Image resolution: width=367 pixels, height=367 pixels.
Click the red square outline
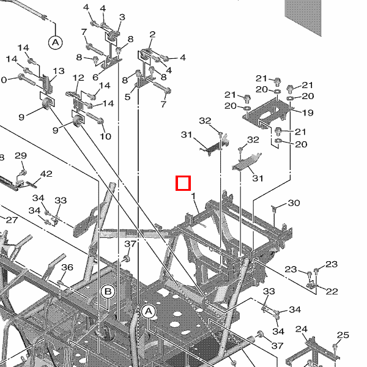(183, 183)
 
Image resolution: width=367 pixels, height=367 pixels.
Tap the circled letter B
(108, 292)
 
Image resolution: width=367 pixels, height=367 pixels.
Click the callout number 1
(193, 196)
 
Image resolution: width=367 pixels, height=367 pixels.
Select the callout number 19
(308, 113)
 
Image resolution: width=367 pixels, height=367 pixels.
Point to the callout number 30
(294, 202)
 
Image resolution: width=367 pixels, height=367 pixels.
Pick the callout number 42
(46, 174)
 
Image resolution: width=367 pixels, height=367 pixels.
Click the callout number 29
(21, 155)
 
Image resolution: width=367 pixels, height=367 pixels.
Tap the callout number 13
(59, 71)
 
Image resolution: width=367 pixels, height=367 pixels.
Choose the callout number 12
(78, 78)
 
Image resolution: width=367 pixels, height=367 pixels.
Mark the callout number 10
(105, 136)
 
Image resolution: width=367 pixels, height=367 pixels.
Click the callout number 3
(122, 17)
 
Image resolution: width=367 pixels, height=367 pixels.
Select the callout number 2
(152, 34)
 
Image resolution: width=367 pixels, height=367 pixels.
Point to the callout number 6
(95, 77)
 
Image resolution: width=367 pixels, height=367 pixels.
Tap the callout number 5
(127, 97)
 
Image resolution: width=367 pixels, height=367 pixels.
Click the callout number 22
(332, 291)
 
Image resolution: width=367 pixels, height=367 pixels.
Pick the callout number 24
(301, 329)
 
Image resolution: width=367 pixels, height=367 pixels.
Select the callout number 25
(343, 335)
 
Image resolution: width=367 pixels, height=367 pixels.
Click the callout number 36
(67, 267)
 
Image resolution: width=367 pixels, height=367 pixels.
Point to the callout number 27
(12, 220)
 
